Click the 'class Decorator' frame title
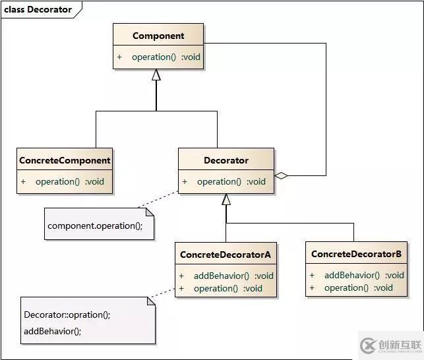tap(38, 9)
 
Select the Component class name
tap(158, 36)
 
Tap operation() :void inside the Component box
tap(166, 57)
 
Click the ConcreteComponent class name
tap(65, 160)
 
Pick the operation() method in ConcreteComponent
tap(69, 181)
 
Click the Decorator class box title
tap(226, 160)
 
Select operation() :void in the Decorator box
tap(231, 181)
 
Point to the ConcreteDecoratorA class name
tap(226, 254)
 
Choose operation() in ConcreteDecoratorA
tap(227, 288)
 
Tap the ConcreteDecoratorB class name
tap(356, 254)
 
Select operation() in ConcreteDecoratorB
tap(358, 287)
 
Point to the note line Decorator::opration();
tap(67, 315)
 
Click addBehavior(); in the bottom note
tap(52, 331)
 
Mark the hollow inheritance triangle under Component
tap(156, 75)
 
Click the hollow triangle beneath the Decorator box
tap(226, 199)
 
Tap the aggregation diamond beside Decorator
tap(282, 175)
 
